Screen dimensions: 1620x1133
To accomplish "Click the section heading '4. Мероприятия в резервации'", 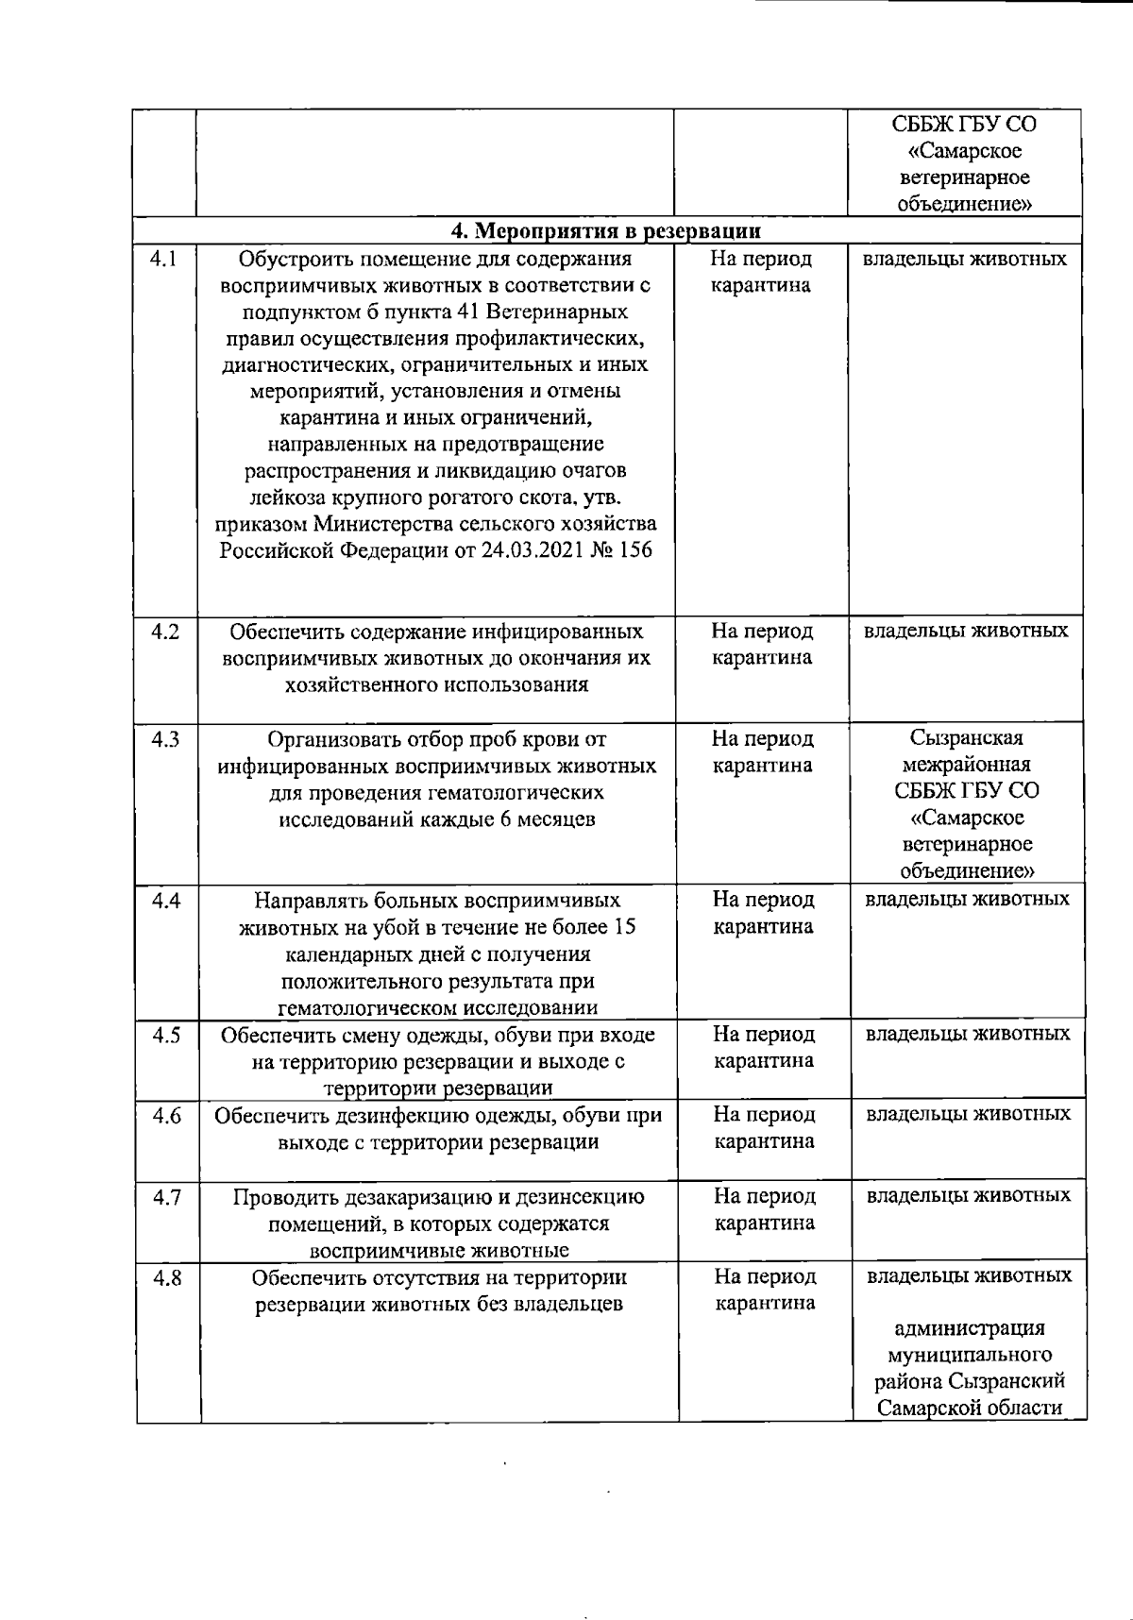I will [605, 230].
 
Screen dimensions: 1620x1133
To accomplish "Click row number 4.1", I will [164, 259].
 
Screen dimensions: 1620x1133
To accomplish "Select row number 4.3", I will [165, 739].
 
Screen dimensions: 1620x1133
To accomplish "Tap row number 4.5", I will [166, 1036].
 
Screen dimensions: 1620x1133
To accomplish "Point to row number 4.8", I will [167, 1278].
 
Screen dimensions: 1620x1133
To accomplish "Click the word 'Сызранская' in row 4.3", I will [966, 738].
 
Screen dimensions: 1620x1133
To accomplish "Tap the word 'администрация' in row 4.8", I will [969, 1328].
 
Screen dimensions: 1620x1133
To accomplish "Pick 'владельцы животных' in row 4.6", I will [968, 1114].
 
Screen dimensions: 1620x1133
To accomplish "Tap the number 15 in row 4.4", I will [623, 927].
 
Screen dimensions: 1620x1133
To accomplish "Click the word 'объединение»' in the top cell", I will [964, 204].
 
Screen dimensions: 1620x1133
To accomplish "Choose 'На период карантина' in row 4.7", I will [764, 1209].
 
